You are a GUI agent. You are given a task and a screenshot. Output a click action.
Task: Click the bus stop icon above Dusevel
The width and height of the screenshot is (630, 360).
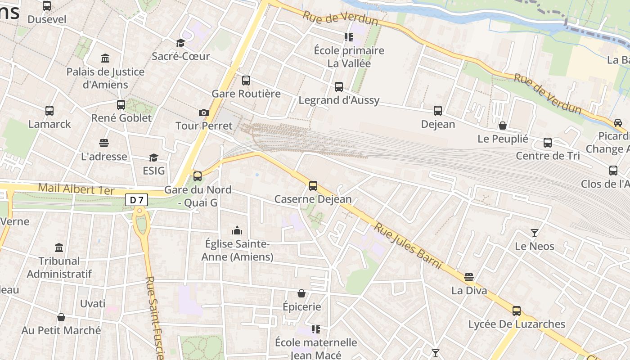click(x=47, y=6)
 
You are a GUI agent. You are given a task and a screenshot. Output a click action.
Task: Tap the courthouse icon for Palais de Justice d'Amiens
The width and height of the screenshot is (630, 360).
click(x=105, y=58)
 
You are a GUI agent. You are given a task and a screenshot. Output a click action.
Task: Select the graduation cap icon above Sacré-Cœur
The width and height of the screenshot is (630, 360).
click(x=180, y=43)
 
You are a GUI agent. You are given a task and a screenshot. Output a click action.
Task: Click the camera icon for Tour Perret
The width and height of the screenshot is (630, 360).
click(x=204, y=112)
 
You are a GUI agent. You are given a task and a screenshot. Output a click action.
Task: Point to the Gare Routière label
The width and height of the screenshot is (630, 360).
click(x=246, y=94)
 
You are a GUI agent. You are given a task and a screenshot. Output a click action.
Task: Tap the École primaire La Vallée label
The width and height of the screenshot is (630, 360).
click(x=349, y=57)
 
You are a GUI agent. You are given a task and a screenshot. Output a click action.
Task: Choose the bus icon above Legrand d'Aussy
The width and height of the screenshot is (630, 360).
click(x=339, y=86)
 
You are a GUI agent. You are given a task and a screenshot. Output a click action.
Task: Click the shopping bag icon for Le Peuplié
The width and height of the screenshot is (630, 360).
click(x=503, y=126)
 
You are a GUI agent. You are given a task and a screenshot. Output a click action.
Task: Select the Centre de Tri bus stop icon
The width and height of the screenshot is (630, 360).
click(x=548, y=143)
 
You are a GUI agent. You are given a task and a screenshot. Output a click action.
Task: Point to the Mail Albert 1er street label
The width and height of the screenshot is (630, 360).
click(x=76, y=189)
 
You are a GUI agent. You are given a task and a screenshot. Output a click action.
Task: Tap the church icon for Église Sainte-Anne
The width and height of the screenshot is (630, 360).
click(x=237, y=231)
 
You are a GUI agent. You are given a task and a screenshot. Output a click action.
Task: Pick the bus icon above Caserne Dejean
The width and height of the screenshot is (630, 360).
click(x=313, y=185)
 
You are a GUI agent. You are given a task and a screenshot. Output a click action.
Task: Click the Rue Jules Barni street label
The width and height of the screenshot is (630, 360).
click(x=408, y=246)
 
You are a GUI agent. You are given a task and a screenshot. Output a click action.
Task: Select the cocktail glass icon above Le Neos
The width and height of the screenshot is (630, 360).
click(x=535, y=233)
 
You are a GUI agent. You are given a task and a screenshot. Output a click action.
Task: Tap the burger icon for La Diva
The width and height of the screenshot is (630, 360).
click(x=469, y=277)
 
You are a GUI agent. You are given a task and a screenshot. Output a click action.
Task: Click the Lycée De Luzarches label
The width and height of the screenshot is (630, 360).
click(x=517, y=324)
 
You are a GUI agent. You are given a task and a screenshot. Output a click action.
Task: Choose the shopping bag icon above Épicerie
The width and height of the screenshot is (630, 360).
click(x=301, y=293)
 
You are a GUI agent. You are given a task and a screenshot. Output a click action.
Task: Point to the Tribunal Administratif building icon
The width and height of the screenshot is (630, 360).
click(x=59, y=247)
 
